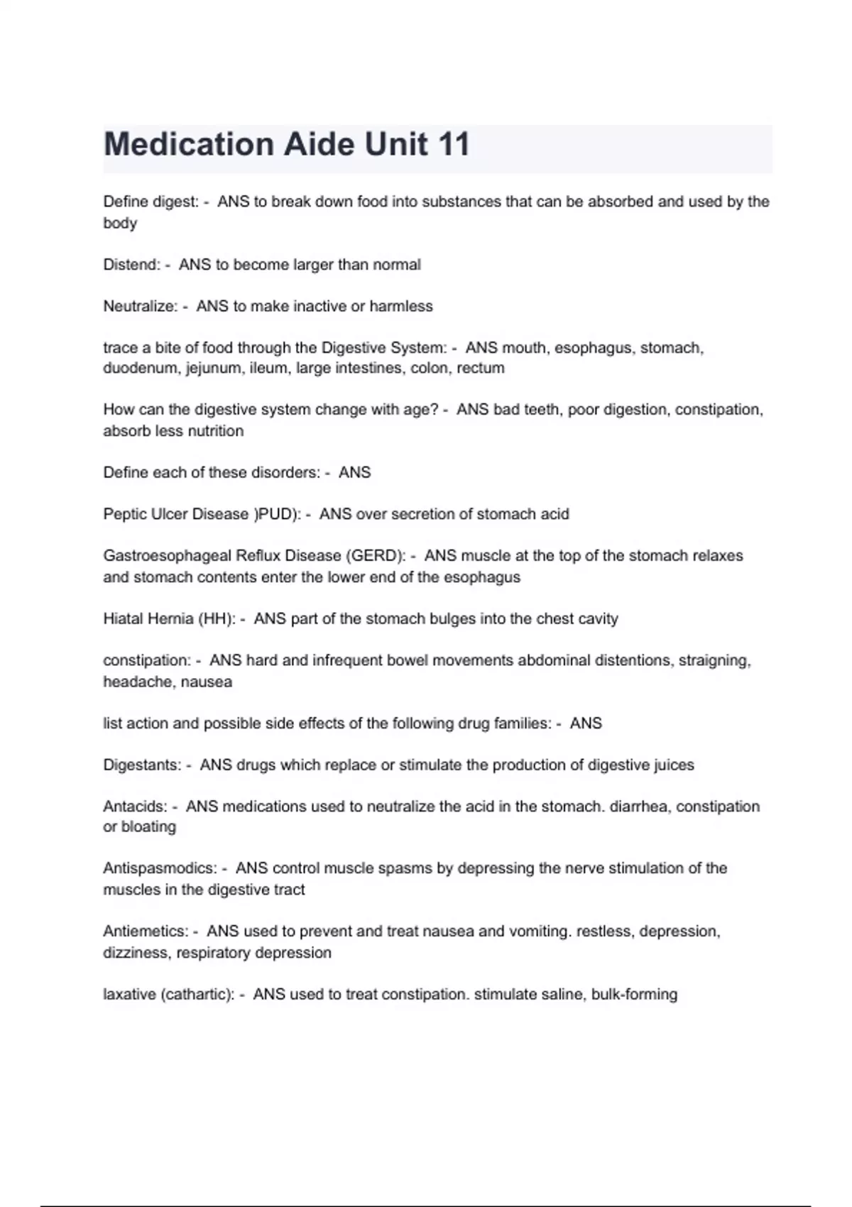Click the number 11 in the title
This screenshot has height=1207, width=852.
pos(454,144)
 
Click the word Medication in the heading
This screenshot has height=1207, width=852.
pos(187,144)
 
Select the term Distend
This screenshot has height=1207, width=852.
pos(131,265)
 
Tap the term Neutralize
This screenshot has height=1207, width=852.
pos(140,307)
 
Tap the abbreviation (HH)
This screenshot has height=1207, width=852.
pos(217,619)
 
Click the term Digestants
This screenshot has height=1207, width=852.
pos(142,765)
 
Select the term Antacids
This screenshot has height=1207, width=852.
pos(135,807)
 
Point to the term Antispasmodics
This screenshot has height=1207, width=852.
pos(160,868)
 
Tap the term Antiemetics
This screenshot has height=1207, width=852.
pos(146,932)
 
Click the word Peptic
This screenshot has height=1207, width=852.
pos(124,514)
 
